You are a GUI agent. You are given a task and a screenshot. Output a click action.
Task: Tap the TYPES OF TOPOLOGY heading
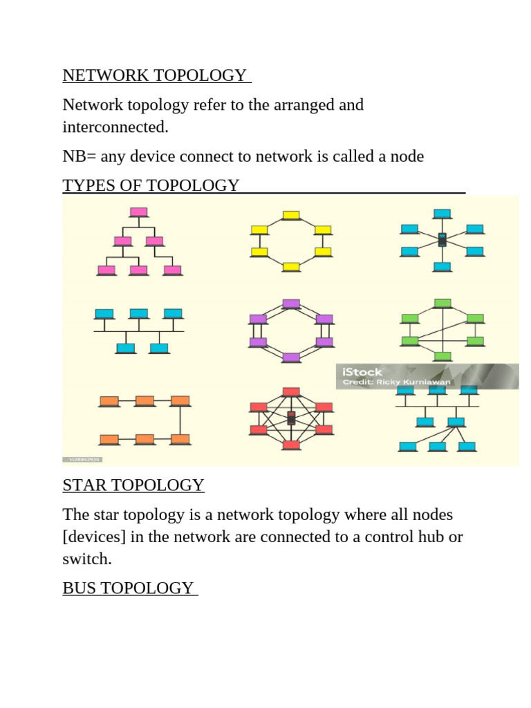click(x=151, y=185)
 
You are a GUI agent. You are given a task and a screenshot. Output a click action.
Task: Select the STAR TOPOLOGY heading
click(x=133, y=485)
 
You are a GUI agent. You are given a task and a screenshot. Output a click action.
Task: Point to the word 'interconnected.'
click(x=115, y=127)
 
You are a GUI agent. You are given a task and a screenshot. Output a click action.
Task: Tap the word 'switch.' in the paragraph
click(x=87, y=559)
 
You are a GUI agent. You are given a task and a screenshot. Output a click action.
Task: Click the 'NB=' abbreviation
click(x=80, y=156)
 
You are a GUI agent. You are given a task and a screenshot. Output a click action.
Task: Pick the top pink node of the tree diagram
click(x=138, y=212)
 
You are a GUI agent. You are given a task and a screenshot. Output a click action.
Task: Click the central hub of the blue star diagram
click(x=442, y=240)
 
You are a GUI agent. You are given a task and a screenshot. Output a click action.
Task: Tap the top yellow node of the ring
click(x=291, y=216)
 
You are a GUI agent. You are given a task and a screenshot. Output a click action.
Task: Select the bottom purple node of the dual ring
click(x=291, y=358)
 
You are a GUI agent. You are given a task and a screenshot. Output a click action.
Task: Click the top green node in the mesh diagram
click(x=442, y=304)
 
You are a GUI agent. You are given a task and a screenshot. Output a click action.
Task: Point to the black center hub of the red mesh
click(x=291, y=418)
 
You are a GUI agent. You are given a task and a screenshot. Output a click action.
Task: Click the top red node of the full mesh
click(x=291, y=392)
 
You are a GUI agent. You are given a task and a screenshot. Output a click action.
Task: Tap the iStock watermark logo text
click(x=362, y=372)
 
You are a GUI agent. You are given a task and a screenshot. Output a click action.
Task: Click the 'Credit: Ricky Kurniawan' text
click(x=396, y=382)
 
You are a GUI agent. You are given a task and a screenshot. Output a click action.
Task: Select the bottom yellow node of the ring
click(x=291, y=267)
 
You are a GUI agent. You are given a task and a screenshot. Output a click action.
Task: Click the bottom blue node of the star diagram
click(x=442, y=267)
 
